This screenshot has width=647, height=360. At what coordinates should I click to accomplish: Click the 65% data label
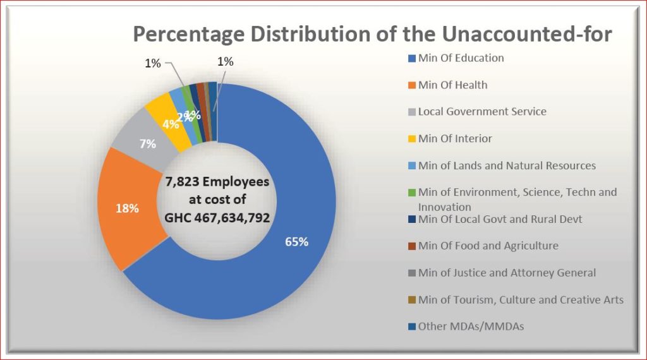(x=296, y=242)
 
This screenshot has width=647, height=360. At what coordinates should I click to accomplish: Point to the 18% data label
(x=128, y=208)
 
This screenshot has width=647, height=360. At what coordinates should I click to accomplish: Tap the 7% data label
(x=148, y=143)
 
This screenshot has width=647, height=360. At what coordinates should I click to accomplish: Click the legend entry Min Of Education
(x=461, y=58)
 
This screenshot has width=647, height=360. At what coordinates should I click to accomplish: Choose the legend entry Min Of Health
(x=452, y=85)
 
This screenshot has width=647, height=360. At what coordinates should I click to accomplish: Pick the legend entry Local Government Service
(x=481, y=112)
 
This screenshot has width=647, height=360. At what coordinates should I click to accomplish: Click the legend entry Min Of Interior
(x=454, y=138)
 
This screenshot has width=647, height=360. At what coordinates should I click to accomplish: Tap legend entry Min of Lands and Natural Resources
(x=507, y=165)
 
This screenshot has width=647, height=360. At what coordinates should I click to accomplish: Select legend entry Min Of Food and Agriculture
(x=488, y=246)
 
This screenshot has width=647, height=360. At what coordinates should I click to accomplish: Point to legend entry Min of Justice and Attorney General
(x=507, y=273)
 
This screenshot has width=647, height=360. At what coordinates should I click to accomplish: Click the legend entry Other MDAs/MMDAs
(x=471, y=327)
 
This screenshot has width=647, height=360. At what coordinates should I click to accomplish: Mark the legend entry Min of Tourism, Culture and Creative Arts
(x=521, y=299)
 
